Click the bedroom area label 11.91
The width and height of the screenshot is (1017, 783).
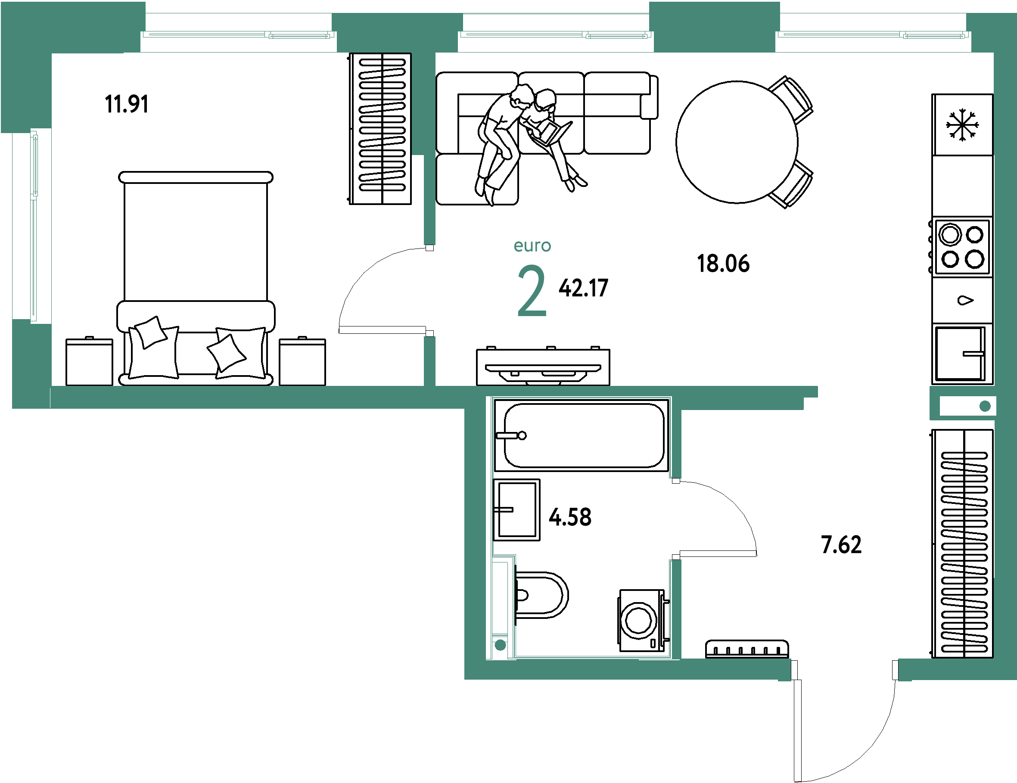[127, 104]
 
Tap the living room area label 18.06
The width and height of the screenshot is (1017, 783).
[723, 264]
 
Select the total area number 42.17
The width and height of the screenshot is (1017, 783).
[584, 288]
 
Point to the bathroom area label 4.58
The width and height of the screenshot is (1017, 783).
[570, 517]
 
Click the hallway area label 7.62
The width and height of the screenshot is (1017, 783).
[841, 545]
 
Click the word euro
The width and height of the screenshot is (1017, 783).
[532, 246]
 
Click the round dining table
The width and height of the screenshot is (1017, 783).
[737, 142]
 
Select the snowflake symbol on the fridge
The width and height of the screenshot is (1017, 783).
[962, 125]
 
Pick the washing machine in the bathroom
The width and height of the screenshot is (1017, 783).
[643, 621]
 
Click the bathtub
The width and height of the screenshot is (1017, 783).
[582, 435]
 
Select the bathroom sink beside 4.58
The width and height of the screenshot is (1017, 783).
[517, 510]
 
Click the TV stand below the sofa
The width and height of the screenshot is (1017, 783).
[543, 367]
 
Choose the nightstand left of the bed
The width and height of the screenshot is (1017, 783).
[90, 361]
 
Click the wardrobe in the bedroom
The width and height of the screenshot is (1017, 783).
[380, 128]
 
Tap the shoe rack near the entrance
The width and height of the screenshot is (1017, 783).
[747, 649]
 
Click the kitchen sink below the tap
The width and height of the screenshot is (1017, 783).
[961, 353]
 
